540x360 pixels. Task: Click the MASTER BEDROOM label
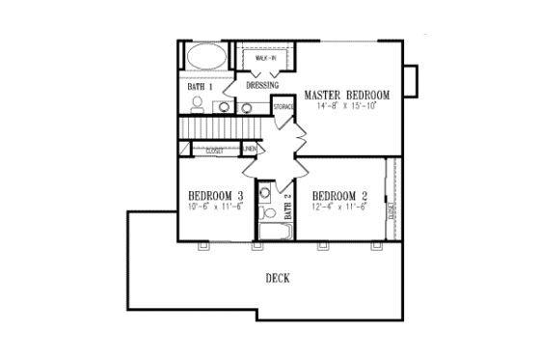[x=346, y=96]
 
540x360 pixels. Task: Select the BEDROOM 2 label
[x=341, y=192]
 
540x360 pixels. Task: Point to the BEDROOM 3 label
[x=215, y=195]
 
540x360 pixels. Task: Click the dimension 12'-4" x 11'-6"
[x=340, y=205]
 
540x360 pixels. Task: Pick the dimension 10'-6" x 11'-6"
[x=215, y=207]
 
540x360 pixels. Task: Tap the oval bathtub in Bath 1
[x=204, y=57]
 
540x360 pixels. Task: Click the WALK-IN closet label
[x=265, y=60]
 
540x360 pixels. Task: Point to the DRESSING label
[x=262, y=86]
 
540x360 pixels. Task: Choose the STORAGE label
[x=283, y=106]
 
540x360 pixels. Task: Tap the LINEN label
[x=249, y=150]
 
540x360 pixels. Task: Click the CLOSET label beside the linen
[x=214, y=151]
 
